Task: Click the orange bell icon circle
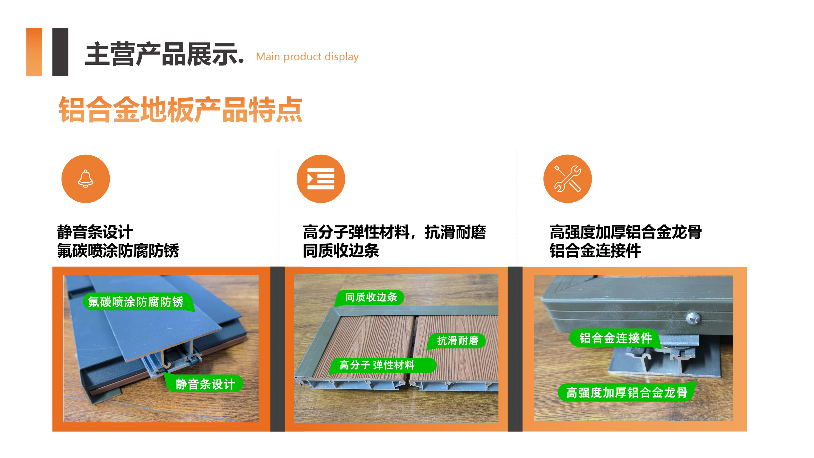tap(86, 179)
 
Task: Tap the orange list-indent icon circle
tap(321, 179)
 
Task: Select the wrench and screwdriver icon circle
tap(568, 179)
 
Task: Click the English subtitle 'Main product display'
tap(307, 57)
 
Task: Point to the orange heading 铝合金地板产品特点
tap(181, 109)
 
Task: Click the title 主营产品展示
tap(164, 54)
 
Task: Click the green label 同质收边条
tap(370, 297)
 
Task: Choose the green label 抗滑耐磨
tap(456, 341)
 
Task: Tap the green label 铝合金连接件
tap(615, 338)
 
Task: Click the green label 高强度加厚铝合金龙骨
tap(627, 392)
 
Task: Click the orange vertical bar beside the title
tap(34, 52)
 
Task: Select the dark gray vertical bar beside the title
tap(61, 52)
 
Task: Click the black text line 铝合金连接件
tap(595, 251)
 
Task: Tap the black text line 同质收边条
tap(341, 251)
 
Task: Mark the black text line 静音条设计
tap(95, 232)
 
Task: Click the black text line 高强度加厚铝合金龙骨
tap(625, 232)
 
